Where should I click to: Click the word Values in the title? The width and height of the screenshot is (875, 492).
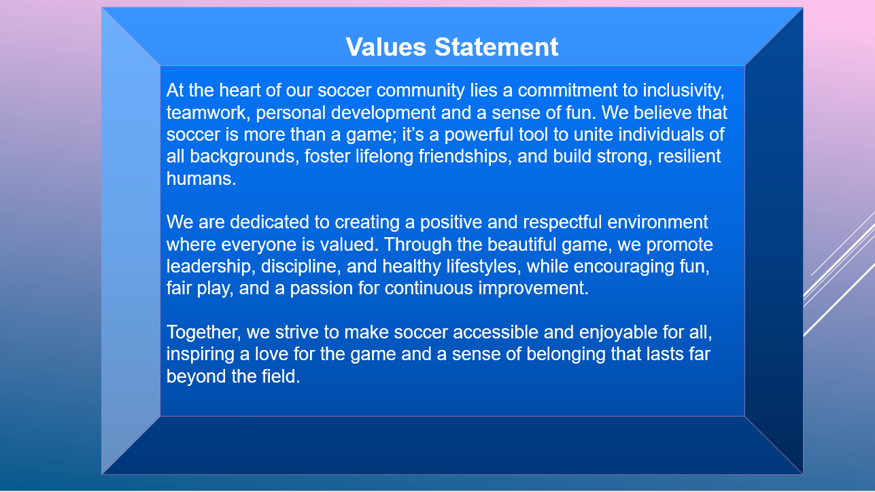385,48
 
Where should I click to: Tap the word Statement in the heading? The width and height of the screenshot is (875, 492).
496,48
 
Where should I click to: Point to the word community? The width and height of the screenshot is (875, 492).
421,91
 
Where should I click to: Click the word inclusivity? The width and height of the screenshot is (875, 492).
683,91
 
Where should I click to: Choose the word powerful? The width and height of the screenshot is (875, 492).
479,135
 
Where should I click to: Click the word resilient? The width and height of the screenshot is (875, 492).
689,156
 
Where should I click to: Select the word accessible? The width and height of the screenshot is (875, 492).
496,332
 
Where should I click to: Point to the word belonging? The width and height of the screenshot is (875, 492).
566,355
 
